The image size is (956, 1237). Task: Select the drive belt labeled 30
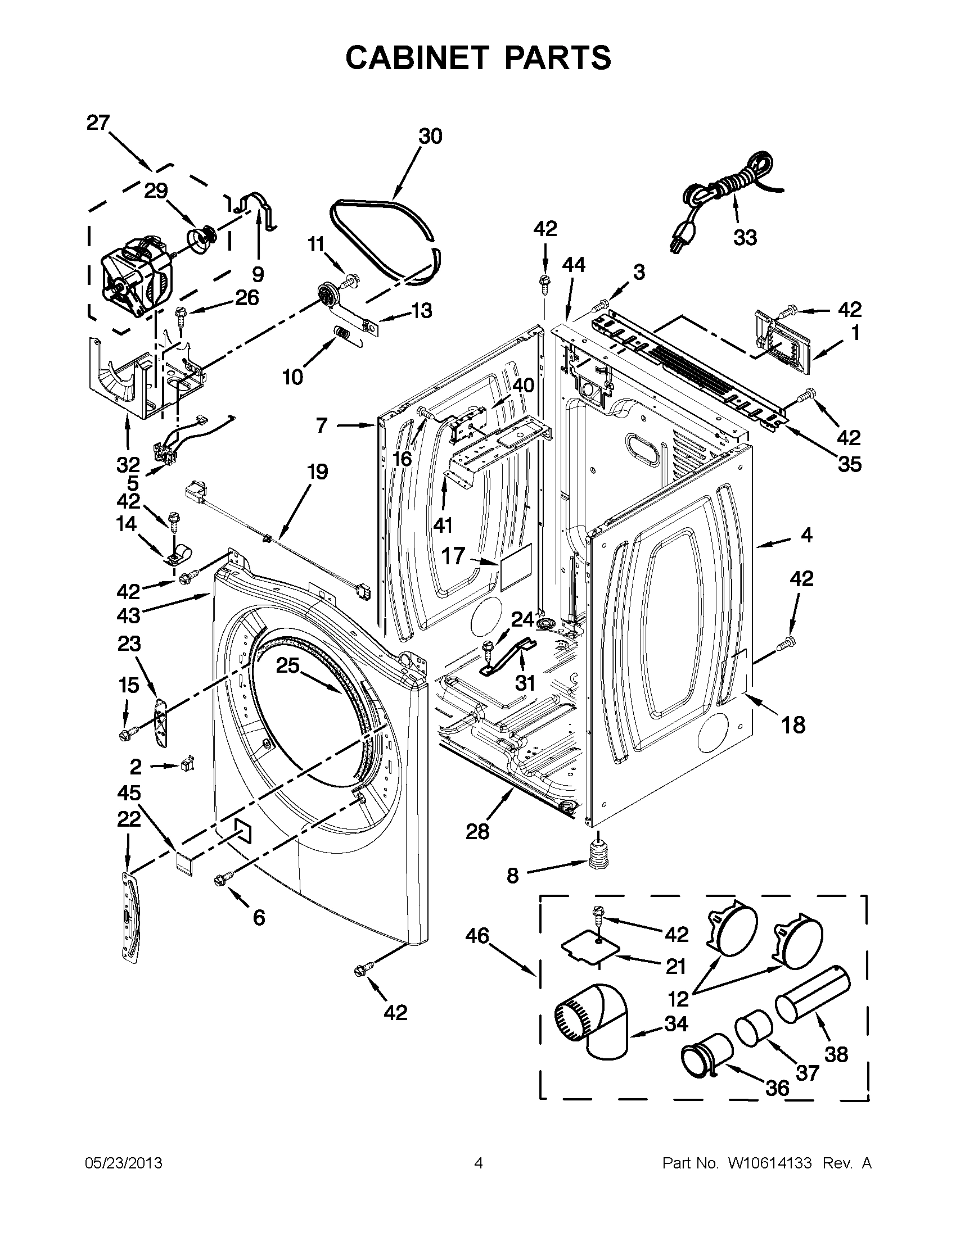click(385, 238)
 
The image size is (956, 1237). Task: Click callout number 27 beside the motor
click(97, 123)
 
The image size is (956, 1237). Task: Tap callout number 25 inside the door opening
click(287, 665)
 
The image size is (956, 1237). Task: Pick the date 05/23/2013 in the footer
click(123, 1163)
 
